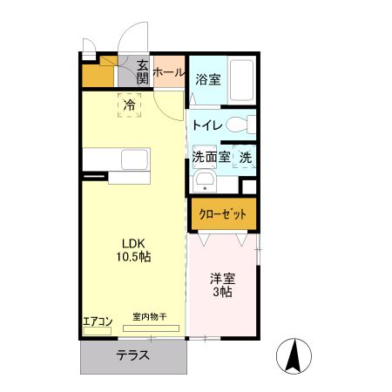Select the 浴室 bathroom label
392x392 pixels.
coord(206,79)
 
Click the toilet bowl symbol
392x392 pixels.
coord(248,125)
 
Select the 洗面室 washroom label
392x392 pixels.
coord(211,158)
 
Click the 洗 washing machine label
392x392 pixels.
coord(246,158)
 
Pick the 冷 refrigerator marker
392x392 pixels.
coord(129,105)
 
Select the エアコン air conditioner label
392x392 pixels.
coord(98,321)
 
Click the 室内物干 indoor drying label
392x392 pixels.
coord(149,317)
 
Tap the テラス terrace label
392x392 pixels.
coord(133,355)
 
